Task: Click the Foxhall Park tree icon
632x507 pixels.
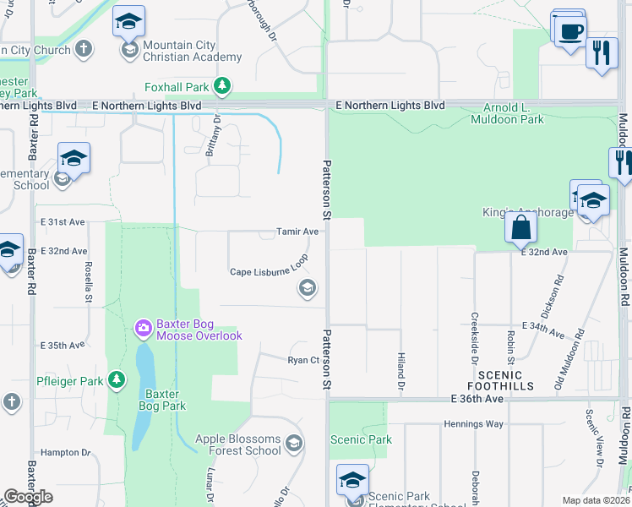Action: click(x=222, y=85)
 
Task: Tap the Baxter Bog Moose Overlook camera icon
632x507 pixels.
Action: click(x=143, y=327)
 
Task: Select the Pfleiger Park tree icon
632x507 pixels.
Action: click(x=117, y=380)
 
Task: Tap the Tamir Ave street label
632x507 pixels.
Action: click(x=297, y=231)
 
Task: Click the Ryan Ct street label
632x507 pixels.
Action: click(x=302, y=359)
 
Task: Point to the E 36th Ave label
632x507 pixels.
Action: click(x=477, y=399)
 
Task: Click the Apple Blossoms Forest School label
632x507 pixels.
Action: click(x=238, y=444)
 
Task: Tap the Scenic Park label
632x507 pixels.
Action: click(x=361, y=439)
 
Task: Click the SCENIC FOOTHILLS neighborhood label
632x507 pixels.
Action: click(x=506, y=380)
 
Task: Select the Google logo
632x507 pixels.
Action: click(x=27, y=497)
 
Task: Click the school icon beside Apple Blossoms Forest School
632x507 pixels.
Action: click(x=293, y=443)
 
